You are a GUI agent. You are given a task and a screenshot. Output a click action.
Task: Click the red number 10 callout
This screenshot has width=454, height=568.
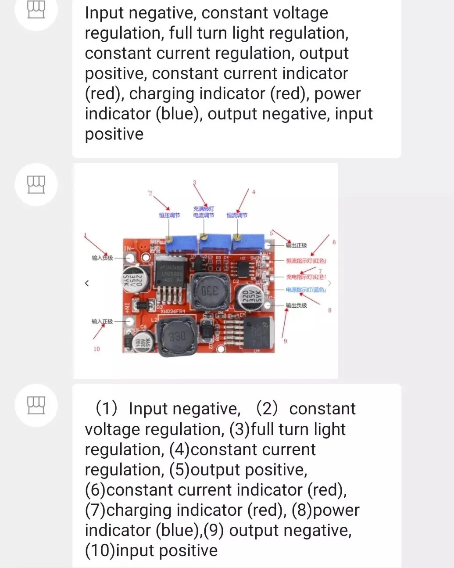pos(97,349)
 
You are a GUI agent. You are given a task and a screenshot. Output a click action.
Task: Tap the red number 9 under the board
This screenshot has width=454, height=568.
pos(286,341)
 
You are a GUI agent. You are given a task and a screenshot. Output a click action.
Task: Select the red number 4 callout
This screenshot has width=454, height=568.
pos(253,192)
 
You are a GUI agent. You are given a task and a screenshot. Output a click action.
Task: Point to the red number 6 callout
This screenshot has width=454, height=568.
pos(334,242)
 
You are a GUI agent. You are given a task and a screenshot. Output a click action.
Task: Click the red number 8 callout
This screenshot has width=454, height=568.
pos(330,310)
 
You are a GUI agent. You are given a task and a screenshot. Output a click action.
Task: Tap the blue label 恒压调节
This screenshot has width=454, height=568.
pos(169,215)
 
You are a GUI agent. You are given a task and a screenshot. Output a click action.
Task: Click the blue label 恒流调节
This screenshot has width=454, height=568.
pos(237,215)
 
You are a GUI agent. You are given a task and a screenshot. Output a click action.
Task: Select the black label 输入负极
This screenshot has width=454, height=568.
pos(102,258)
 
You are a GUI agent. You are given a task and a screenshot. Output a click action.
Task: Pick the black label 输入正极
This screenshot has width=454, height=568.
pos(102,321)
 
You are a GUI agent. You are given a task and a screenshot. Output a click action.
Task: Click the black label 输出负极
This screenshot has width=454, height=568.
pos(297,305)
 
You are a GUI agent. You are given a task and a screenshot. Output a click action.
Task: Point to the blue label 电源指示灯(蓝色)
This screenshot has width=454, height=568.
pos(305,290)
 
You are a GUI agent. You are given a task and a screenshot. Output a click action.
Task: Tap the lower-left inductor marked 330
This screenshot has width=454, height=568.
pos(177,337)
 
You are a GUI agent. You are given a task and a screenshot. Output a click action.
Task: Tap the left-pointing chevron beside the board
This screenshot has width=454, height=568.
pos(87,283)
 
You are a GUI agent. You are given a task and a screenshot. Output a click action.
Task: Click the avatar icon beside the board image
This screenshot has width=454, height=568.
pos(36,184)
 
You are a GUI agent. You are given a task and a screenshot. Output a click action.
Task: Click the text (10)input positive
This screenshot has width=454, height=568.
pos(151,550)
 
